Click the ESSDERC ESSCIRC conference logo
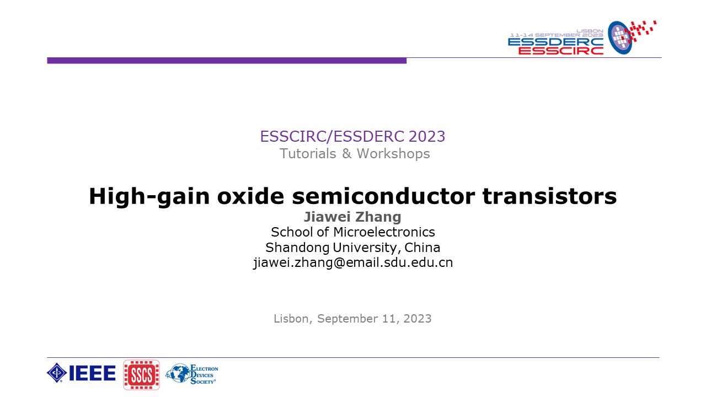[582, 38]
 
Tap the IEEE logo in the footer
[81, 373]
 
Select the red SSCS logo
[141, 375]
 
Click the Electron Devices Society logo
[192, 374]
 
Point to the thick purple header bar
[226, 61]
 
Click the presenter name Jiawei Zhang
[352, 217]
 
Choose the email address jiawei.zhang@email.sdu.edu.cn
[352, 262]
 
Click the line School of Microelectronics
[352, 232]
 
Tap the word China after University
[422, 247]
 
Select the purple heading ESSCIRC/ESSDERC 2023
[352, 136]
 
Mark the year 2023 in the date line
[417, 319]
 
